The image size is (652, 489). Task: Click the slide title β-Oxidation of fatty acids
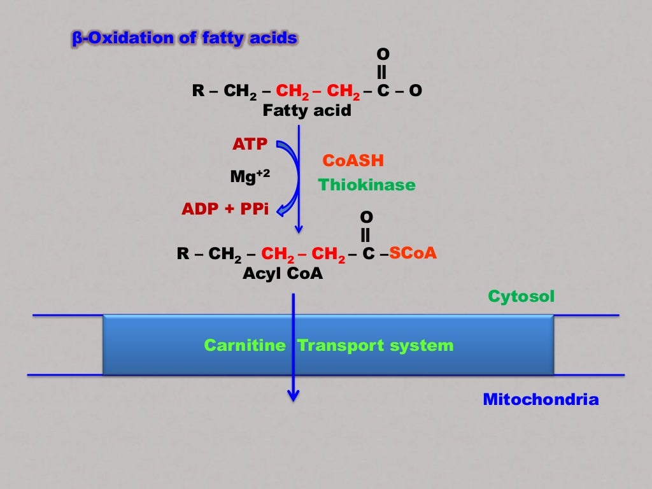pos(183,39)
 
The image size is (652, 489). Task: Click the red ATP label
pos(250,145)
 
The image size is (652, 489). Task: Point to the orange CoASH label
pos(353,160)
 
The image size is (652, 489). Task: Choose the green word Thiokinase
pos(367,185)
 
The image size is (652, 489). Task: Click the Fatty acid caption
pos(307,111)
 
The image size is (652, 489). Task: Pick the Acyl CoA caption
pos(283,274)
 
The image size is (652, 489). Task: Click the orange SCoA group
pos(413,253)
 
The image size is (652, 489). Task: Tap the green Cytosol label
pos(521,296)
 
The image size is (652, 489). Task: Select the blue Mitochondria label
pos(541,400)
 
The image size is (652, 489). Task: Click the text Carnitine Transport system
pos(329,346)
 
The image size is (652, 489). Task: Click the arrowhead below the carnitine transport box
pos(293,395)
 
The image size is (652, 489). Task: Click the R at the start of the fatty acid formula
pos(197,91)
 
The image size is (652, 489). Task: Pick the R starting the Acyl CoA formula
pos(182,254)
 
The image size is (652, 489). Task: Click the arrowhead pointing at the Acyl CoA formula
pos(299,229)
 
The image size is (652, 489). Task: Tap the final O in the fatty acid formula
pos(415,91)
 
